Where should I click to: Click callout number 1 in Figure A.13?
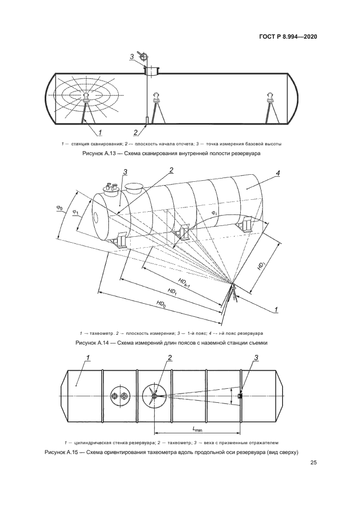tap(100, 132)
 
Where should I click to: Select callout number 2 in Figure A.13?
tap(136, 132)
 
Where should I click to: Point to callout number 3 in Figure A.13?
tap(131, 57)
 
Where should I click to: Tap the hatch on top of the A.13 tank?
tap(151, 70)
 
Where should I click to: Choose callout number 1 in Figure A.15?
tap(87, 358)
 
